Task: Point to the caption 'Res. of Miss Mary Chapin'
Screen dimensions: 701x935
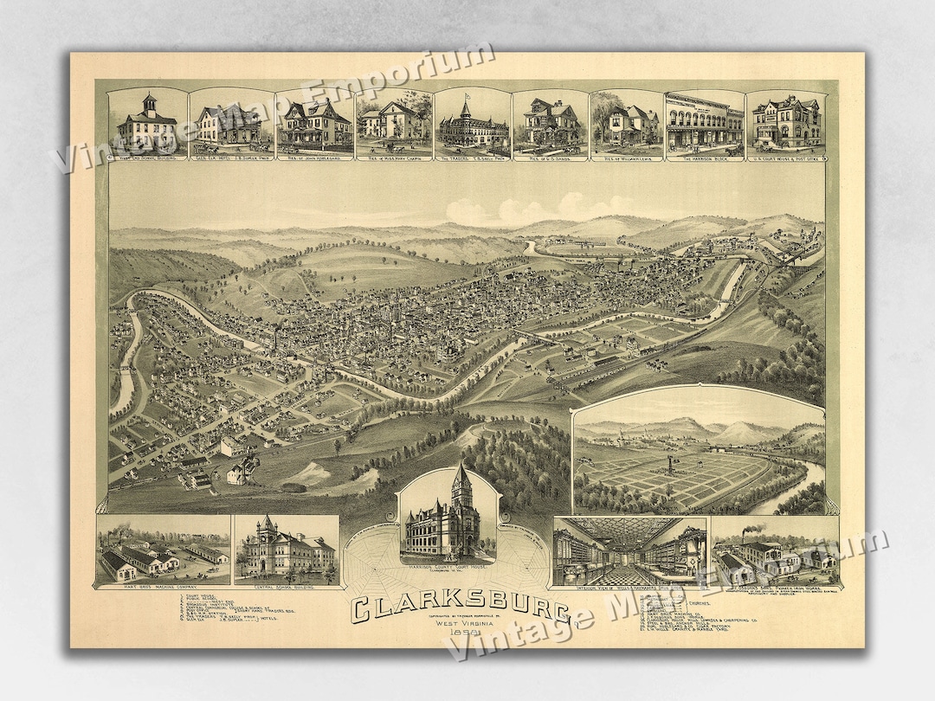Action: click(393, 158)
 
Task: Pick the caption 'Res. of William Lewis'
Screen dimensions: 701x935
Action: click(625, 158)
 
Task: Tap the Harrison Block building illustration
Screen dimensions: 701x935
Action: click(703, 124)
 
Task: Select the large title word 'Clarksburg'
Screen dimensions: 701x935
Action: click(465, 607)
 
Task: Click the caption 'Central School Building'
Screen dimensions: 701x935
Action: click(285, 588)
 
